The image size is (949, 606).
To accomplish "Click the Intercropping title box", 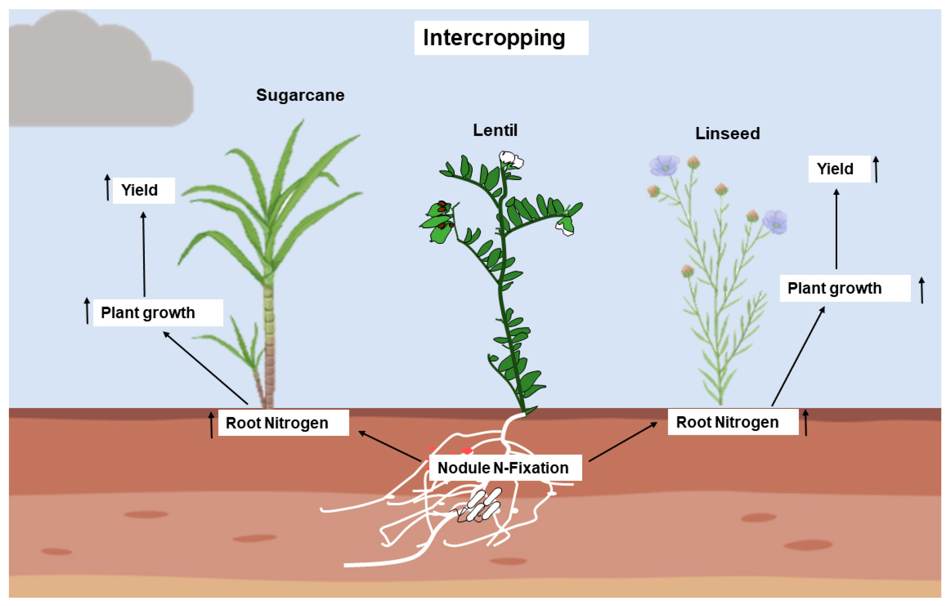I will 501,38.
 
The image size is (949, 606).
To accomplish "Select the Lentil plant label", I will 495,130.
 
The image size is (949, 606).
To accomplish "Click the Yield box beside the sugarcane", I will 144,190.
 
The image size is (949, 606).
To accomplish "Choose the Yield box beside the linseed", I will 839,169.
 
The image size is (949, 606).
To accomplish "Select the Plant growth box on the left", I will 158,313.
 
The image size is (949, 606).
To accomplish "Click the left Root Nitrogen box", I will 283,423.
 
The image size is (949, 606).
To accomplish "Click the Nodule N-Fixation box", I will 505,468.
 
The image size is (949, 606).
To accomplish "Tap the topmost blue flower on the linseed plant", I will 665,165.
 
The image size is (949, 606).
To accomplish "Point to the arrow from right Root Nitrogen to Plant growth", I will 798,357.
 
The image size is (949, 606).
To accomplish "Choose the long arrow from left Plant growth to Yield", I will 144,254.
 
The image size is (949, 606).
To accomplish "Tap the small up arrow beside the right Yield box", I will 876,169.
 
